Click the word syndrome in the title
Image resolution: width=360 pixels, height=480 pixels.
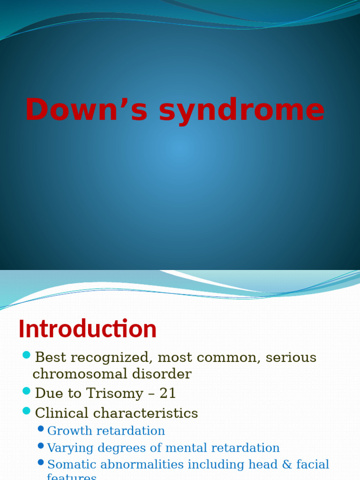tap(242, 111)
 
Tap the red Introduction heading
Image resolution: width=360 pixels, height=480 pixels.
tap(88, 329)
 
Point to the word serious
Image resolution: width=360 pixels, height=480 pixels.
tap(291, 358)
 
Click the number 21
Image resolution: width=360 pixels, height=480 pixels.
tap(168, 393)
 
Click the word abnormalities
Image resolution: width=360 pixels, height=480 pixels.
tap(139, 465)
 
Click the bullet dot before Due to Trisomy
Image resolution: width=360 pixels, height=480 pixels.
tap(26, 390)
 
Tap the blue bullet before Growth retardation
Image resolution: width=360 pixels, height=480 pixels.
tap(41, 429)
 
